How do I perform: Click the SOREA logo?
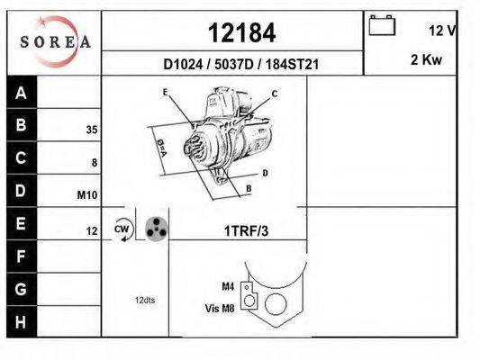point(54,41)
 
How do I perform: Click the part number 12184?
point(241,32)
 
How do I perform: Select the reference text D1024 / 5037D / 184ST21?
point(241,65)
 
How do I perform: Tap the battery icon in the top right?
point(382,25)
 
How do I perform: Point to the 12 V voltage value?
point(442,31)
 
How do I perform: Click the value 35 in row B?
point(91,130)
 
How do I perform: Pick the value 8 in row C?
point(94,163)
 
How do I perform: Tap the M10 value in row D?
point(88,195)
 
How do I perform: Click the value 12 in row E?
point(91,231)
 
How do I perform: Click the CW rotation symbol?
point(122,230)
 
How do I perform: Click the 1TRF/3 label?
point(246,231)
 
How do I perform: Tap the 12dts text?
point(144,300)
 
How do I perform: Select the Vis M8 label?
point(220,307)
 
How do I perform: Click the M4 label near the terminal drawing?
point(228,286)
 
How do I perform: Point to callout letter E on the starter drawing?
point(166,93)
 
